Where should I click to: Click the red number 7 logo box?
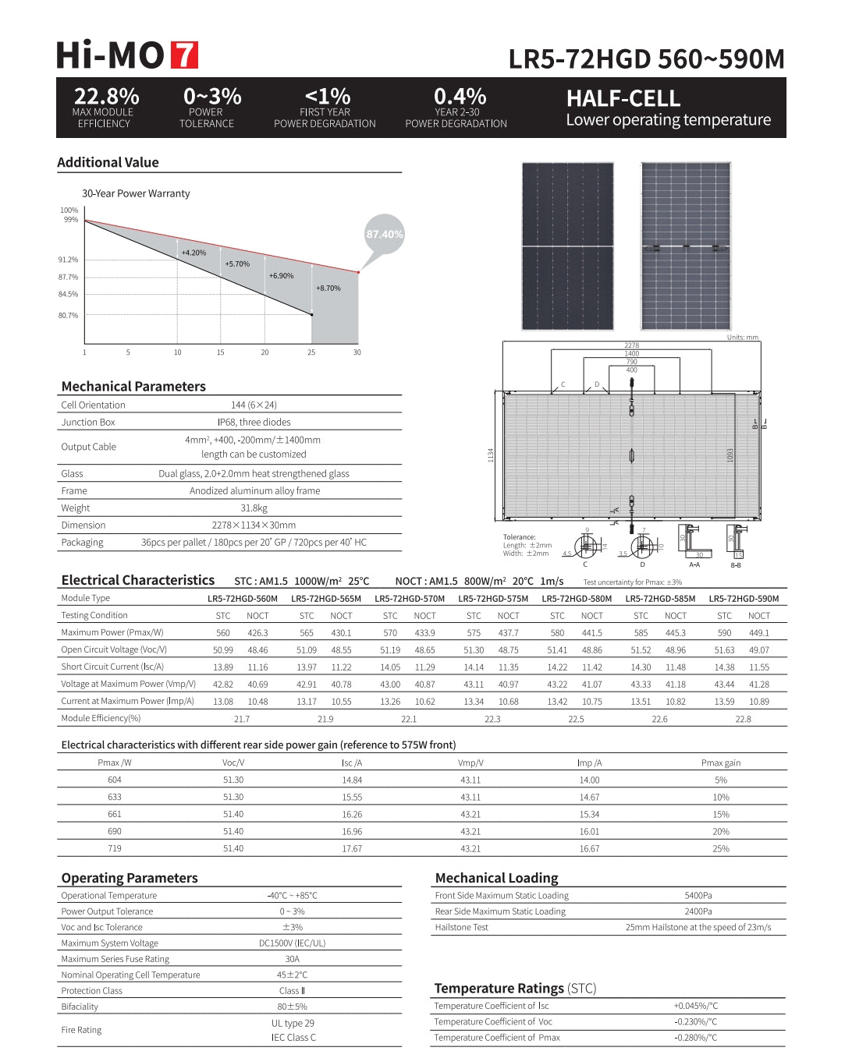(x=184, y=55)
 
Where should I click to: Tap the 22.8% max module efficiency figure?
(x=106, y=97)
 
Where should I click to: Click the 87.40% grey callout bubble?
(x=385, y=234)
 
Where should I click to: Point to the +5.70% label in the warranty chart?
(x=237, y=264)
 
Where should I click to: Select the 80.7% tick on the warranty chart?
(x=69, y=316)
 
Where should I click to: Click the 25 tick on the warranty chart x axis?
(x=311, y=352)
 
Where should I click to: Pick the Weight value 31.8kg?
(x=254, y=508)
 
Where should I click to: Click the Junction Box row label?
(x=88, y=423)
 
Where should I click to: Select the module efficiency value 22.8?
(x=743, y=719)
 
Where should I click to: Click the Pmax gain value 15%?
(x=720, y=814)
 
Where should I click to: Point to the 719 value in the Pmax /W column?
(x=115, y=848)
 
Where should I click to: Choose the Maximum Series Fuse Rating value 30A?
(x=293, y=959)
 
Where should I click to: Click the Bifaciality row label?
(x=80, y=1007)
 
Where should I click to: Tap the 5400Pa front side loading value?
(x=698, y=896)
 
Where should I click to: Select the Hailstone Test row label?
(x=462, y=927)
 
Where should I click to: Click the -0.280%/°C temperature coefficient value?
(x=695, y=1038)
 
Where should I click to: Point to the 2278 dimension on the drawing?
(x=631, y=345)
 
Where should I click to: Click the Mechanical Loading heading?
(x=496, y=878)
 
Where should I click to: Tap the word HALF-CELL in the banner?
(x=623, y=99)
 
